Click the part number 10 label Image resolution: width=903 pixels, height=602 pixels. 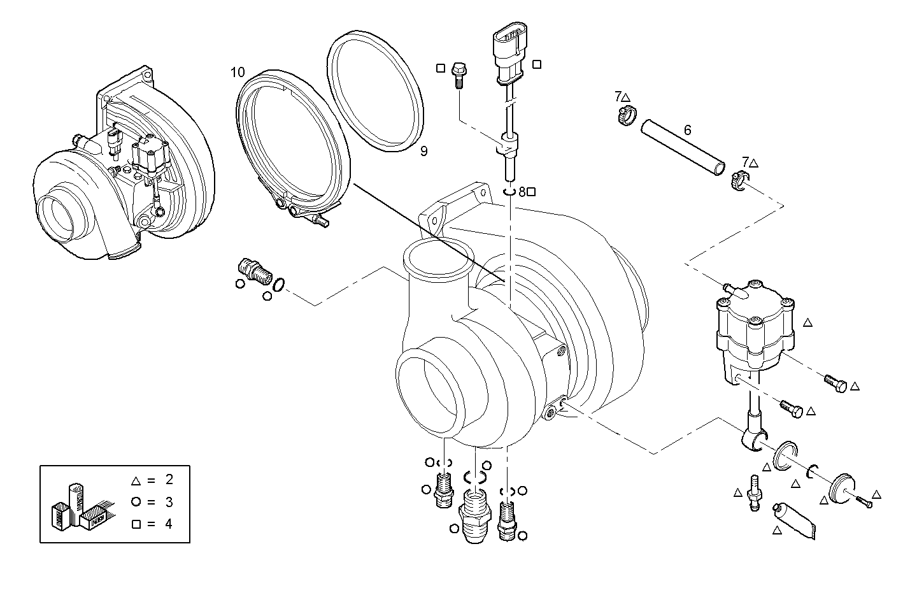(237, 71)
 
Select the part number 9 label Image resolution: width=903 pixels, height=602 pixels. (423, 151)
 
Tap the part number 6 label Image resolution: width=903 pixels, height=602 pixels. (687, 131)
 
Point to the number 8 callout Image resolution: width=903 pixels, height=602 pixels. (522, 191)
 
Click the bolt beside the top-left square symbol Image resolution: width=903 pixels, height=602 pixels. (458, 73)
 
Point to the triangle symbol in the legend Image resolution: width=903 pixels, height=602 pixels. (135, 480)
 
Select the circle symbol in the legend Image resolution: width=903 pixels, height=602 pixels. (135, 502)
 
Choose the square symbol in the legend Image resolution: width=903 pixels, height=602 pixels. (135, 524)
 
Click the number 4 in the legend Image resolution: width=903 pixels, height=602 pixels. (168, 524)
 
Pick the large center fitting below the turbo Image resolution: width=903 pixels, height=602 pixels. (474, 513)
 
